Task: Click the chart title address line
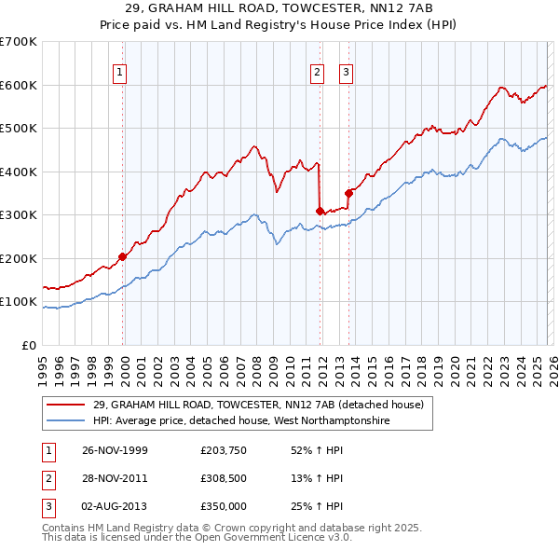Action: [x=279, y=8]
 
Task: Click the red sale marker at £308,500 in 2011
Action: [x=320, y=211]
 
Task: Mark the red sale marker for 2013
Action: [x=348, y=193]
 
